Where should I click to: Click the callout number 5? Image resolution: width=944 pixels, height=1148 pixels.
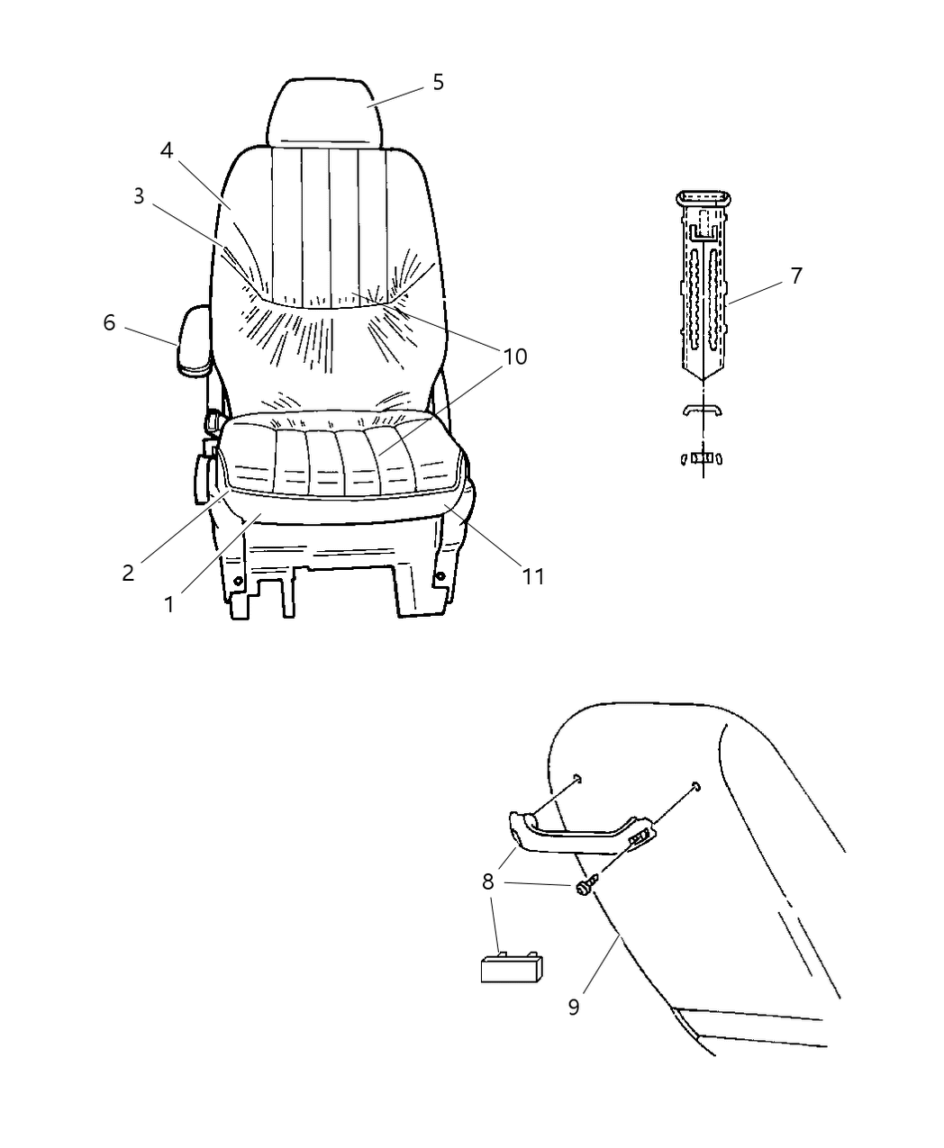point(438,82)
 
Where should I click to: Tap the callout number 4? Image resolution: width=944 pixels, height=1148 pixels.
point(167,149)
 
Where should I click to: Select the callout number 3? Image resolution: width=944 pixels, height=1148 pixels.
point(139,196)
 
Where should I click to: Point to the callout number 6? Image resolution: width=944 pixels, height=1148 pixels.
point(109,322)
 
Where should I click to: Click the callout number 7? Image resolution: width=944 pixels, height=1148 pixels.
point(796,276)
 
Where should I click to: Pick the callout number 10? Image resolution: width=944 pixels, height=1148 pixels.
point(514,357)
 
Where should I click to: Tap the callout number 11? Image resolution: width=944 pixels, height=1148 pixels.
point(533,575)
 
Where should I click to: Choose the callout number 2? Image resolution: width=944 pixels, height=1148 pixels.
point(129,573)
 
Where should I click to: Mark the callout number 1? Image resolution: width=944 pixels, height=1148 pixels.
point(169,604)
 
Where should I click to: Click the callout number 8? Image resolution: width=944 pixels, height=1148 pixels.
point(487,881)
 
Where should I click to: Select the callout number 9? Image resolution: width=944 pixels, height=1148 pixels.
point(574,1006)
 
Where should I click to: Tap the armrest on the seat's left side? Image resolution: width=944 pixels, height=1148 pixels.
point(195,340)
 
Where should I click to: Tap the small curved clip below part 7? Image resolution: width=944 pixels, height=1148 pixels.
point(703,411)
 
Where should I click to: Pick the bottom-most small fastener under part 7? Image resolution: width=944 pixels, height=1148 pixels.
point(703,457)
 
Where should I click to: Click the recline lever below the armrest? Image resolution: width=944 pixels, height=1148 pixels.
point(200,475)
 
